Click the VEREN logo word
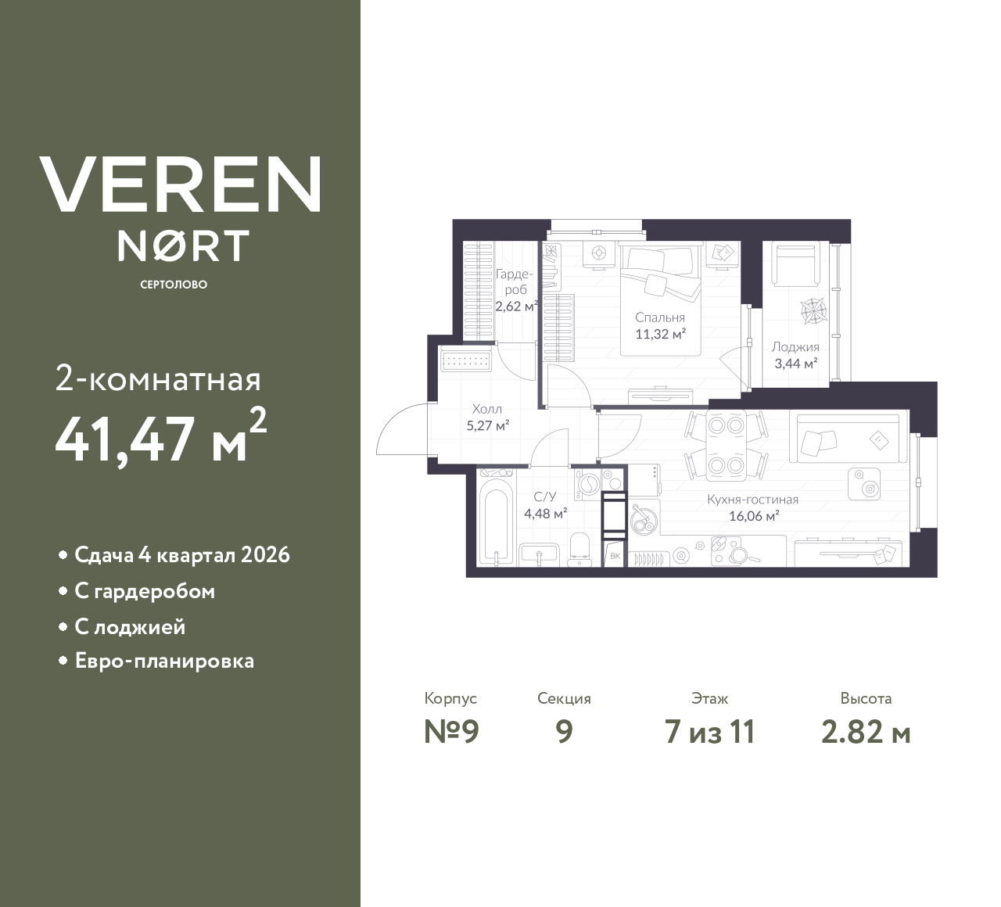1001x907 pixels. click(180, 185)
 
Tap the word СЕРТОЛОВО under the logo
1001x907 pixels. click(174, 285)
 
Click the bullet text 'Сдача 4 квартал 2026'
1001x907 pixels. click(181, 555)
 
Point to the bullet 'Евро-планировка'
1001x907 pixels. click(164, 661)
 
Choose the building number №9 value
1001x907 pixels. click(450, 732)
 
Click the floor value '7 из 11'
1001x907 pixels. click(709, 732)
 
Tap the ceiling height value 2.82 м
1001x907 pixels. click(866, 732)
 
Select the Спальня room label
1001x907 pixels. click(659, 317)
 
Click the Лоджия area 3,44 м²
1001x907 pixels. click(795, 363)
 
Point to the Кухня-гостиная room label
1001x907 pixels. click(752, 499)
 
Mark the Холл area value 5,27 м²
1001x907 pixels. click(487, 425)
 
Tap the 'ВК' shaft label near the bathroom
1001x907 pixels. click(615, 556)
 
